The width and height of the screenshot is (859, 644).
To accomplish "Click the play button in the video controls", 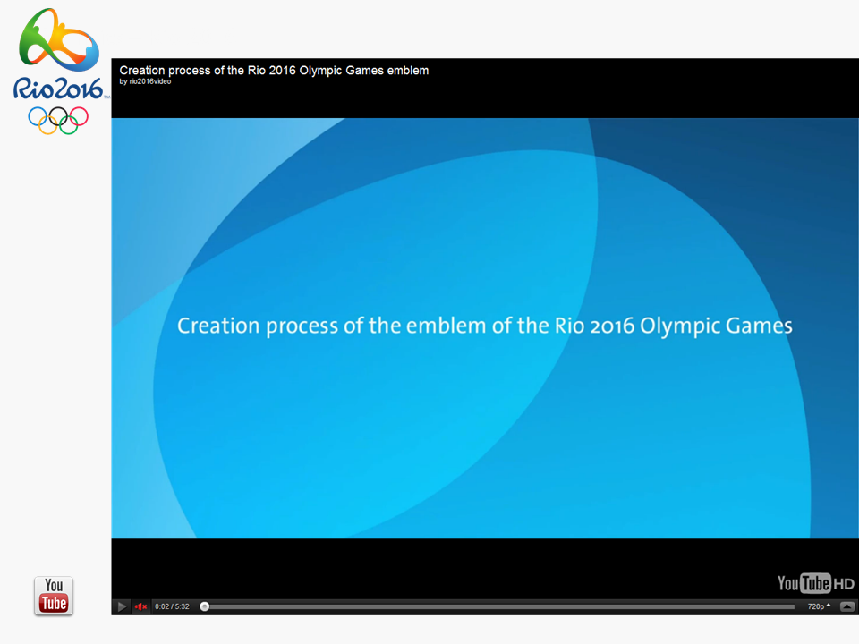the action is tap(122, 606).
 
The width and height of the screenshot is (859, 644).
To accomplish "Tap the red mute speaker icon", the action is tap(140, 606).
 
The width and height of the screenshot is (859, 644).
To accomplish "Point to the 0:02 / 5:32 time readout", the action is tap(172, 606).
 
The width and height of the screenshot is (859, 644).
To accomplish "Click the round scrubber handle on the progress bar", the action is tap(204, 606).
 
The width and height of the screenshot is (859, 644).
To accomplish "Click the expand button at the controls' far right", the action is tap(847, 606).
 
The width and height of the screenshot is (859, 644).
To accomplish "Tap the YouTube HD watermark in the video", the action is tap(816, 583).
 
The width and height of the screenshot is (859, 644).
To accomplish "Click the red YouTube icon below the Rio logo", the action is tap(54, 596).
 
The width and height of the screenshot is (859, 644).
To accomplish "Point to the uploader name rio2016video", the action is tap(150, 81).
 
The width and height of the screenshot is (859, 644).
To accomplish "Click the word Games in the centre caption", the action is tap(759, 326).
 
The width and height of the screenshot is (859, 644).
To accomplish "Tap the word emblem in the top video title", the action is tap(408, 70).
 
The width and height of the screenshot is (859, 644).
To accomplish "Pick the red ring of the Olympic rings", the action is tap(78, 116).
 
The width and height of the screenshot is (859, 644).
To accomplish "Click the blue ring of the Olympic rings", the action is tap(38, 116).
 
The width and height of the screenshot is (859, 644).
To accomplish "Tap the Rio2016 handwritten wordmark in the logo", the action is tap(58, 89).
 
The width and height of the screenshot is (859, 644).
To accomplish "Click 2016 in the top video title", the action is tap(282, 70).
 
